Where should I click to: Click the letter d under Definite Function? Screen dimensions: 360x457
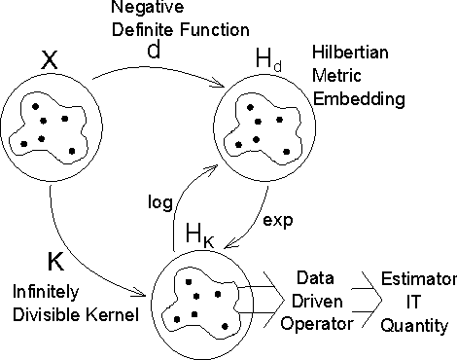(152, 47)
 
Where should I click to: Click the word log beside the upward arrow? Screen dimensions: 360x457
(160, 202)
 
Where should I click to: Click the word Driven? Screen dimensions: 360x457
(315, 301)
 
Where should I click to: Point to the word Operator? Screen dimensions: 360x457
(313, 324)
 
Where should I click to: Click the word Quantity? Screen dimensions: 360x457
(413, 325)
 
